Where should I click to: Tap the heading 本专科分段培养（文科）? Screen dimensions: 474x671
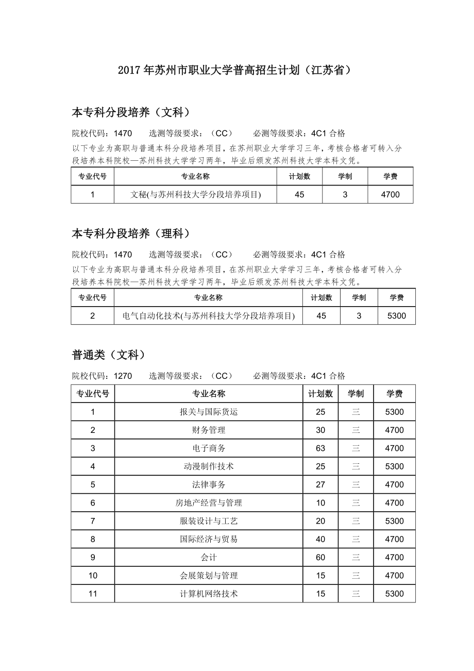[131, 112]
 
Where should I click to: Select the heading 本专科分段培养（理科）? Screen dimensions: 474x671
[131, 233]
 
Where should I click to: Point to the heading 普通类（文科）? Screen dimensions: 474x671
[109, 355]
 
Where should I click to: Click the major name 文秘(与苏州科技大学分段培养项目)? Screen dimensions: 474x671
[195, 194]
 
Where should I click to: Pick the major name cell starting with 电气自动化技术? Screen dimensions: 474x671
[208, 316]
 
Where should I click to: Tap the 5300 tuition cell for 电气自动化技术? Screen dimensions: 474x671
[396, 316]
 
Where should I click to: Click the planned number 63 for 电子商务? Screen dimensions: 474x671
[320, 448]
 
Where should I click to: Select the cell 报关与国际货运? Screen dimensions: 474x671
[209, 412]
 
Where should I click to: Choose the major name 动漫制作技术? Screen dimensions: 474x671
[209, 466]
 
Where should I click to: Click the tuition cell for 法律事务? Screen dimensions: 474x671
[394, 484]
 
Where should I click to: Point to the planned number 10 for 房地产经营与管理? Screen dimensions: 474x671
[320, 503]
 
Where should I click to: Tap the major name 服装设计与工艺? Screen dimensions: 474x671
[209, 521]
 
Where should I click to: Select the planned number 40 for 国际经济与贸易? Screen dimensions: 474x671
[320, 539]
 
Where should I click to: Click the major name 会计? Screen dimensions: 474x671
[209, 558]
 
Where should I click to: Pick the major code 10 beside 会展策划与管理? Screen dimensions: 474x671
[93, 576]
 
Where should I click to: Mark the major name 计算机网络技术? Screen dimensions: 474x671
[209, 594]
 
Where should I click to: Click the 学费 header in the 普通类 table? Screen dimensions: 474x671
[394, 394]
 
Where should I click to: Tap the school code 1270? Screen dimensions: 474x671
[123, 376]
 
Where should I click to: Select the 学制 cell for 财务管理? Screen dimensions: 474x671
[355, 430]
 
